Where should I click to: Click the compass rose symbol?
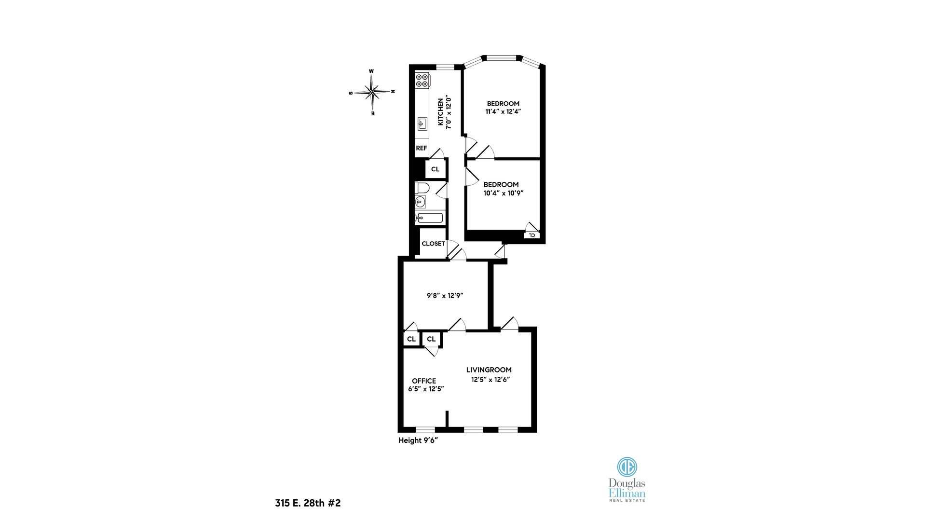pos(371,92)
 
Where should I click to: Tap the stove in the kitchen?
pos(422,80)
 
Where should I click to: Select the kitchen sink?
pos(422,124)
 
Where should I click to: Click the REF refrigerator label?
pos(421,148)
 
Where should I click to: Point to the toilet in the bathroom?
pos(422,188)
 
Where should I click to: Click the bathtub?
pos(429,218)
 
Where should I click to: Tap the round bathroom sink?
pos(420,202)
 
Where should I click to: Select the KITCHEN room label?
pos(440,112)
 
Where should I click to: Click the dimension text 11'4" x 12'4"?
pos(503,111)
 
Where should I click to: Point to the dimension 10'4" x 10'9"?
pos(503,193)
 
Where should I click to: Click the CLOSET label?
pos(433,244)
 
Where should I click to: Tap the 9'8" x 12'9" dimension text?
pos(445,296)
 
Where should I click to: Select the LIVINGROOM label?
pos(489,370)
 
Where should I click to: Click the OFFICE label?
pos(424,381)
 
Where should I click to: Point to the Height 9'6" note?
pos(418,440)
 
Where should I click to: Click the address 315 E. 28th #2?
pos(308,503)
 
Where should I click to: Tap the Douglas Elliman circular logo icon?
pos(627,466)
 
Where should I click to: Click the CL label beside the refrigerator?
pos(435,169)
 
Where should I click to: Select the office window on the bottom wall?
pos(425,429)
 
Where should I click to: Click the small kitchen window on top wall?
pos(445,67)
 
